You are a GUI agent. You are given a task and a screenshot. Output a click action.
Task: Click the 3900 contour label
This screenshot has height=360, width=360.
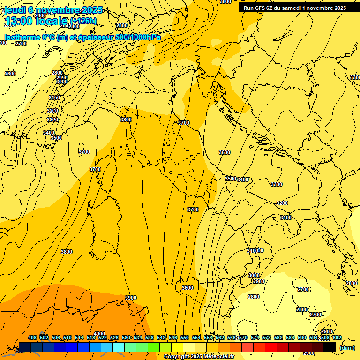[x=131, y=298]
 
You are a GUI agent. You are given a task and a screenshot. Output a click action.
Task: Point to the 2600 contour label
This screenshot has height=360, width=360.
[x=10, y=74]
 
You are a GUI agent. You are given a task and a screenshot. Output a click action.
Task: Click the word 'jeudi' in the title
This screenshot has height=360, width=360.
[x=15, y=10]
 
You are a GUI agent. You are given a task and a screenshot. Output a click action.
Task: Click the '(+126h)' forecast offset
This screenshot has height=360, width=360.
[x=83, y=21]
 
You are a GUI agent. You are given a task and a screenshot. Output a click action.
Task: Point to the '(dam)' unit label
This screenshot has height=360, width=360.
[x=347, y=347]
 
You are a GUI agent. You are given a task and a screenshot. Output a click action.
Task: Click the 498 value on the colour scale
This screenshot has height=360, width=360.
[x=32, y=337]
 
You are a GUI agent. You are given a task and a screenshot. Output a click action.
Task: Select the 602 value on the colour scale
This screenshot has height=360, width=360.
[x=337, y=337]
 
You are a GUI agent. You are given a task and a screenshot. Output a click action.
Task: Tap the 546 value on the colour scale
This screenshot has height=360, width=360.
[x=173, y=337]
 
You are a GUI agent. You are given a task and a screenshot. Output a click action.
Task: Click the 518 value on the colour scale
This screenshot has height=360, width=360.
[x=91, y=337]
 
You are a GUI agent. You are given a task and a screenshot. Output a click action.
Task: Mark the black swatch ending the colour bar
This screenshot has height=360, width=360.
[x=330, y=347]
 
